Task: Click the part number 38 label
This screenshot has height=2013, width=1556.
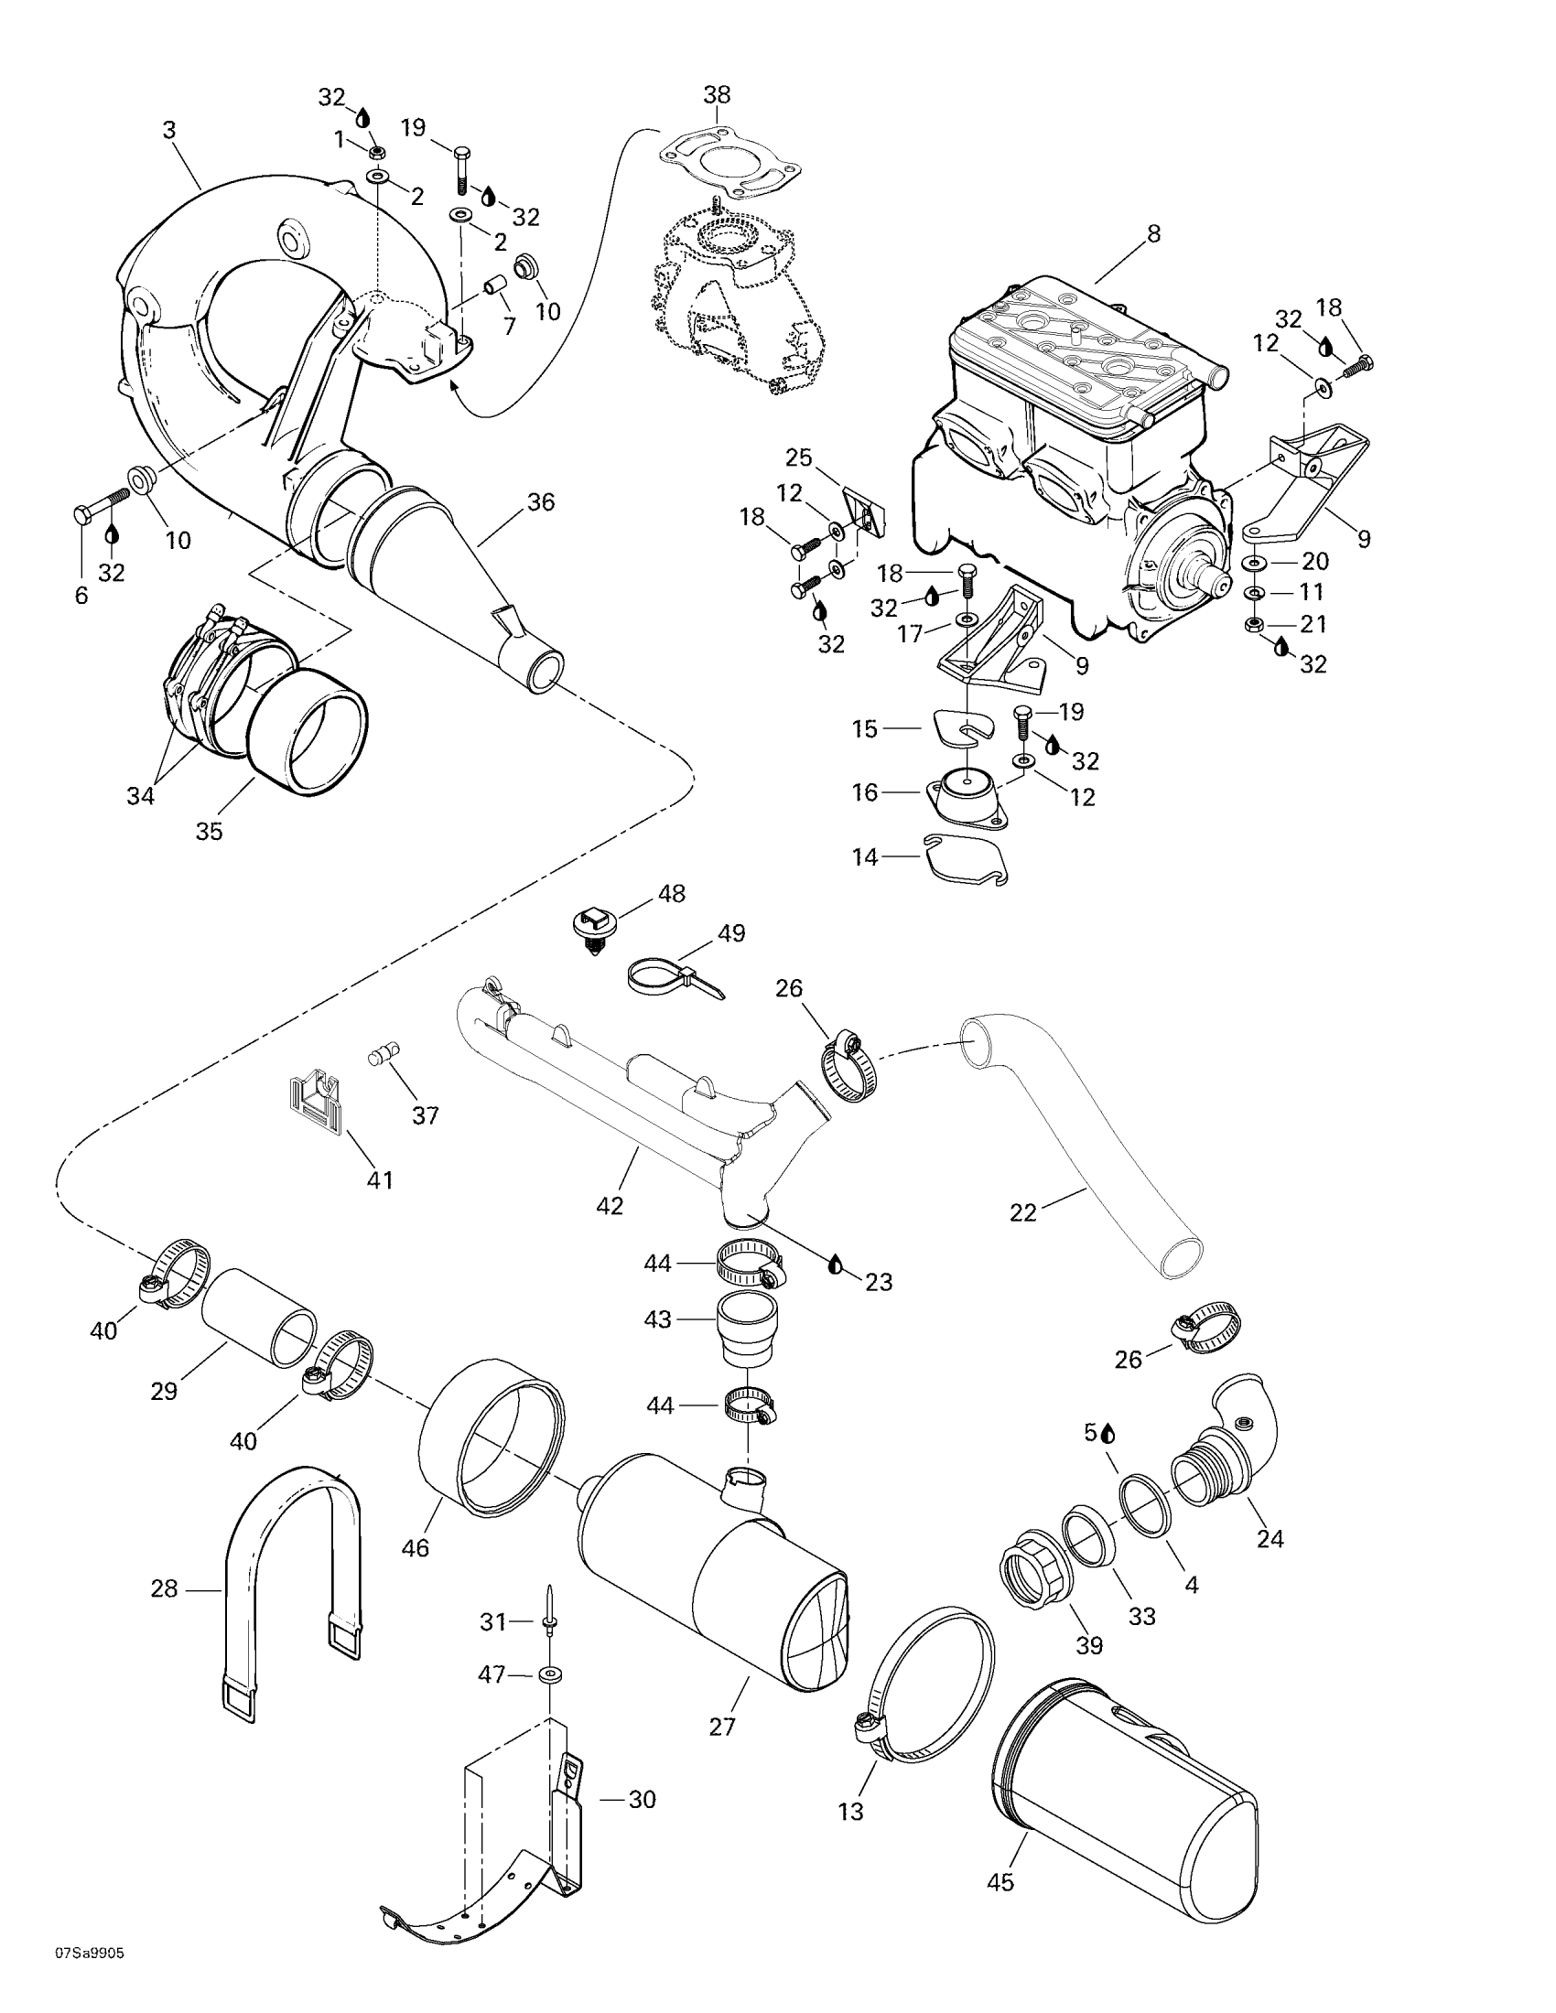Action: pyautogui.click(x=717, y=94)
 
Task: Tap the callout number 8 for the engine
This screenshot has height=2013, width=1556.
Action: pyautogui.click(x=1153, y=234)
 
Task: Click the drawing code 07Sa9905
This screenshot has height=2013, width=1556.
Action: pyautogui.click(x=90, y=1977)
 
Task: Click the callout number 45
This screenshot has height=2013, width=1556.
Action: pyautogui.click(x=1000, y=1900)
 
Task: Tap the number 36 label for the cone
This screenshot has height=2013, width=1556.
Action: pyautogui.click(x=541, y=502)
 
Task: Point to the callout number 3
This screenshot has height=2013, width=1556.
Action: pyautogui.click(x=168, y=130)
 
